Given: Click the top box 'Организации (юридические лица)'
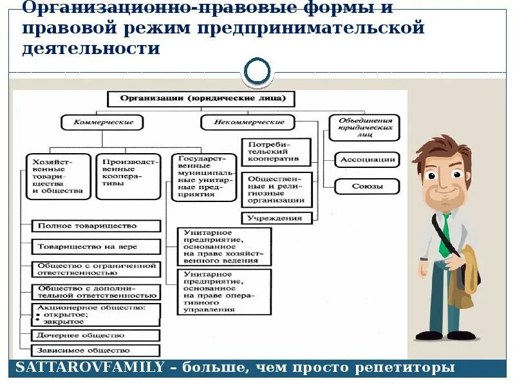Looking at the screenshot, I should point(200,99).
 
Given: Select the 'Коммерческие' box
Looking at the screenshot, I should point(102,122).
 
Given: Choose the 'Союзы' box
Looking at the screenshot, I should point(368,187).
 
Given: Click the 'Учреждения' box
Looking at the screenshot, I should point(275,217).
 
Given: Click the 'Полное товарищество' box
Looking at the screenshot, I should point(96,226).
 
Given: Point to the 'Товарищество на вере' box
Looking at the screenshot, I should point(96,246).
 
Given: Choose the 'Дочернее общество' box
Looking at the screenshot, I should point(96,335).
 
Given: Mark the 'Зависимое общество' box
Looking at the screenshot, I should point(96,351).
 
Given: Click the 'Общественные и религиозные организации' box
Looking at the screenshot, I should point(277,189).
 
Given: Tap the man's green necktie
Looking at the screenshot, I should point(444,235).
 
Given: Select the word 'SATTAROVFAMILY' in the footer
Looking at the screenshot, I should point(88,368).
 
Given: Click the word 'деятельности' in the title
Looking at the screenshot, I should point(91,48).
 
